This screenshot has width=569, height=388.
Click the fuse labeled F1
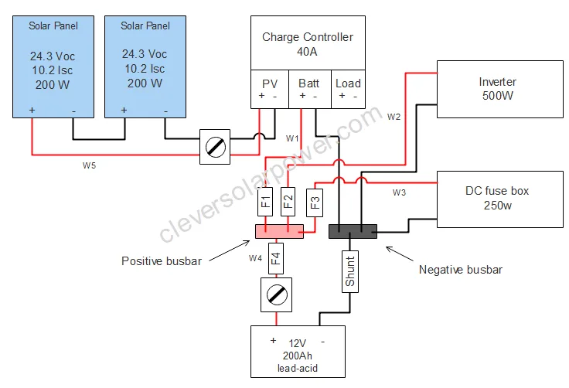click(264, 203)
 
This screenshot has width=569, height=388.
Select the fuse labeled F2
click(288, 203)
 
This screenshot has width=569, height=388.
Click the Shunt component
click(349, 272)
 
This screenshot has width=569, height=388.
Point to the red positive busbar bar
click(279, 230)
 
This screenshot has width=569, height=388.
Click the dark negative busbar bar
click(353, 230)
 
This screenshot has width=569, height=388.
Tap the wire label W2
click(394, 117)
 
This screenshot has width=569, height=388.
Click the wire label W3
click(399, 192)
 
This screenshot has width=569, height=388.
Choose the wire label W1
click(291, 139)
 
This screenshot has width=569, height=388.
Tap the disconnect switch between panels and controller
click(215, 145)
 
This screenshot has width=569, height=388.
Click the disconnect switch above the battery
click(276, 294)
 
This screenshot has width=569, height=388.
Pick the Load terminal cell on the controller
click(348, 89)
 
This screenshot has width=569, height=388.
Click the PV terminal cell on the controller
click(269, 89)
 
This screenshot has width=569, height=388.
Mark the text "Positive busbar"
click(162, 260)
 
